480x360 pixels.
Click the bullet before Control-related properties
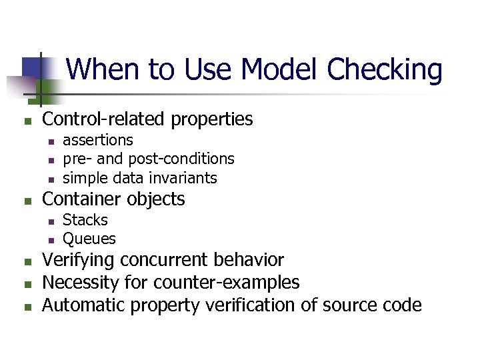click(x=27, y=121)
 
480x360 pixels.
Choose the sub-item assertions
click(x=98, y=140)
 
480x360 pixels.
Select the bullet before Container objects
click(x=27, y=201)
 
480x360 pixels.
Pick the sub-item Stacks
click(x=85, y=220)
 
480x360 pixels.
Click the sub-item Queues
click(x=89, y=239)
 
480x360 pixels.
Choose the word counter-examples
click(x=226, y=283)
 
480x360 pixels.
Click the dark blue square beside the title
click(x=31, y=67)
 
